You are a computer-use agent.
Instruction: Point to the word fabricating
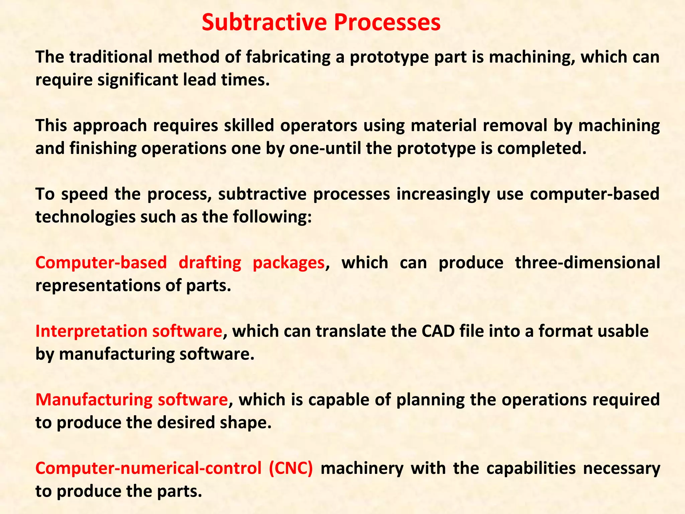288,57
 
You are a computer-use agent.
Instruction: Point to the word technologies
85,217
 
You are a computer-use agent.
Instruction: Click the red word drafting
210,263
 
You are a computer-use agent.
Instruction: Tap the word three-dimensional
587,263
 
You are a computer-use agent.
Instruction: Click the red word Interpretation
91,331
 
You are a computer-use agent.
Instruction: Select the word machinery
362,468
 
